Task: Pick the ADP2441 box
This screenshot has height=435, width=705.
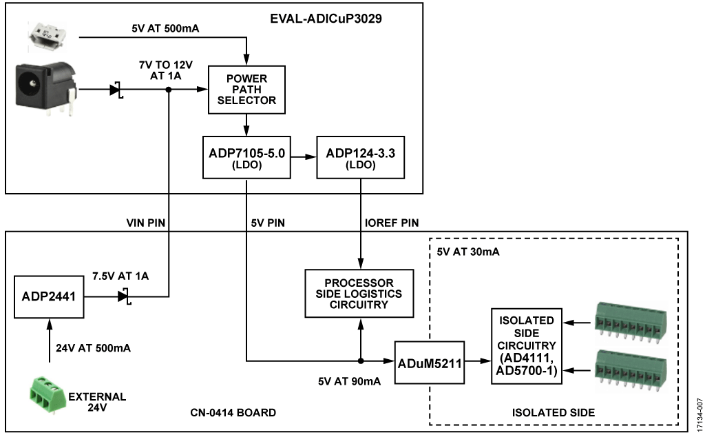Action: point(48,297)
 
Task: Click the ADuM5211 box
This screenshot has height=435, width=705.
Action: point(428,360)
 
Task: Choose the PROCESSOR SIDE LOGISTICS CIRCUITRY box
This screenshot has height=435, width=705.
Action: point(359,293)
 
